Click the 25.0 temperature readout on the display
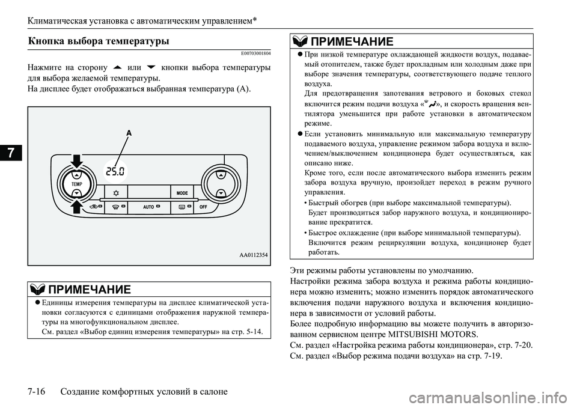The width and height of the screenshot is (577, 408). (x=115, y=172)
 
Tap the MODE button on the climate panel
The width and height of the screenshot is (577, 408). (x=183, y=193)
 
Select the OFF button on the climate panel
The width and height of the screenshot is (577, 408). (x=203, y=206)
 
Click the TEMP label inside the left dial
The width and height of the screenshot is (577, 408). (x=76, y=183)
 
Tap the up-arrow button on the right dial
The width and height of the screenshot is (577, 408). (x=221, y=175)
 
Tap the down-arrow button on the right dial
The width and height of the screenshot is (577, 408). (x=221, y=192)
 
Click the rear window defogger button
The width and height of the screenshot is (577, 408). (x=181, y=206)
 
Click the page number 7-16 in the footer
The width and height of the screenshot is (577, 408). (x=39, y=392)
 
